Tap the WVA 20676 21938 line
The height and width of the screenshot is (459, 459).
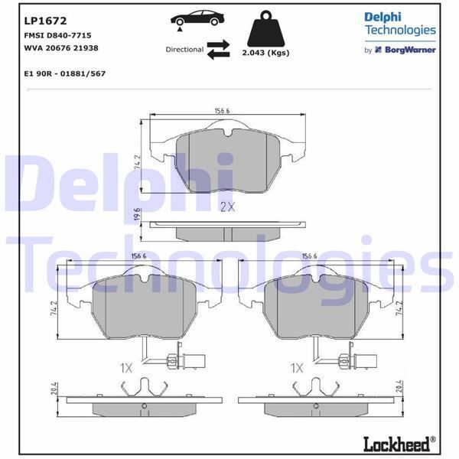60,47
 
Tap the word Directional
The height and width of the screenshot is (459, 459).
184,50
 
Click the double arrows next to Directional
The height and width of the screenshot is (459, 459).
218,49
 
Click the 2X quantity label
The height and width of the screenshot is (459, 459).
227,207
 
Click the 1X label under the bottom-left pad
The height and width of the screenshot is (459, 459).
127,368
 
